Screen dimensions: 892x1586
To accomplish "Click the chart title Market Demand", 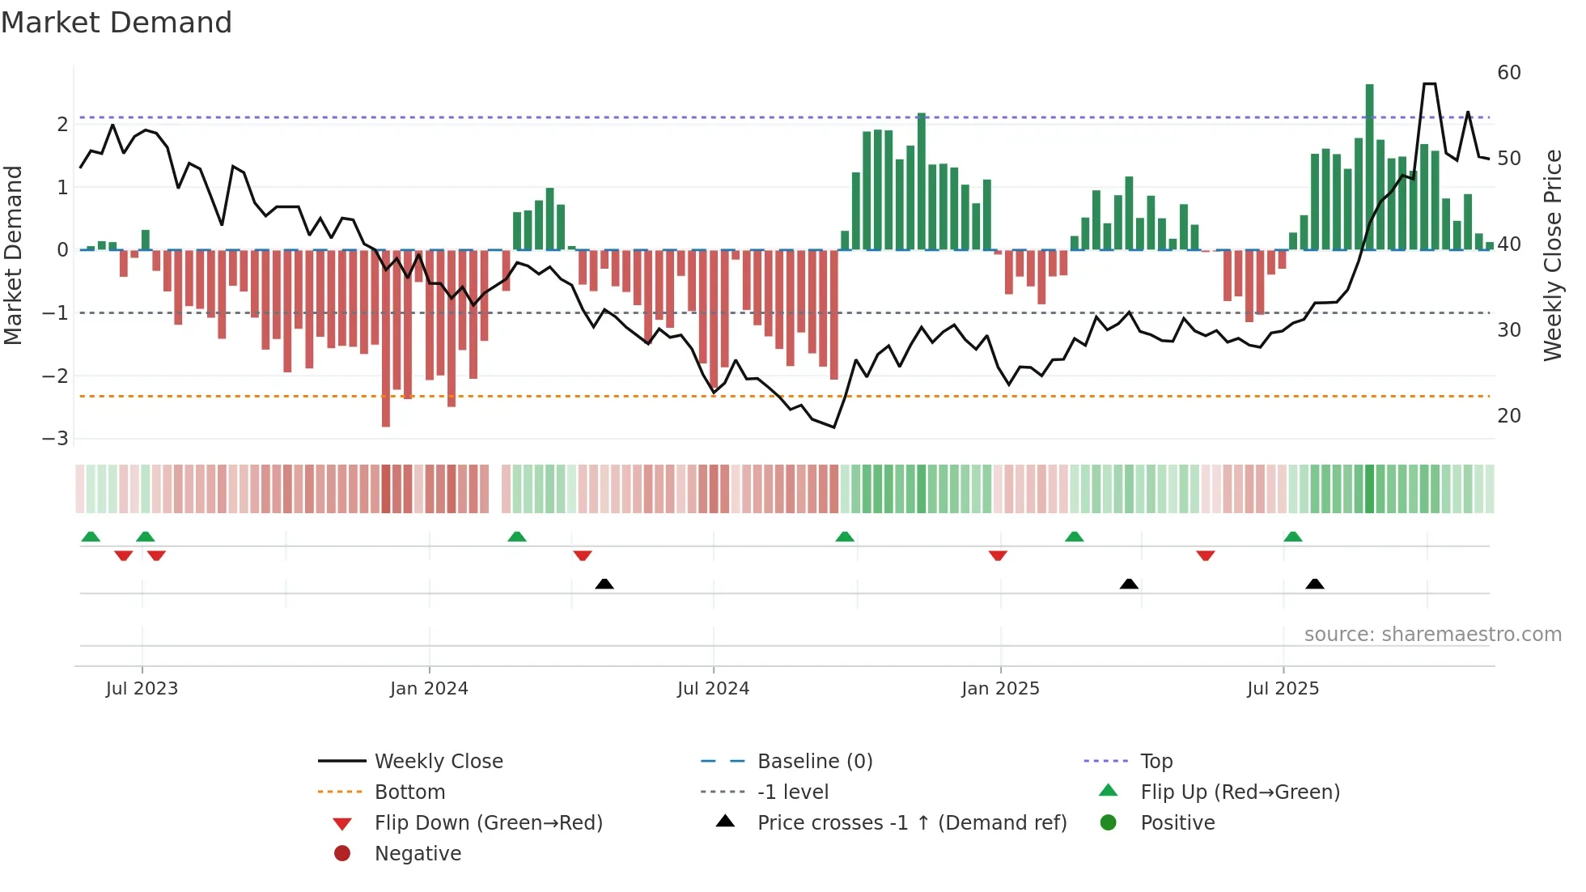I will tap(117, 23).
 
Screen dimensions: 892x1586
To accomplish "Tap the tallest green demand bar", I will tap(1369, 166).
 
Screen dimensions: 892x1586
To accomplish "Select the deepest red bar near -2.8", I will tap(386, 340).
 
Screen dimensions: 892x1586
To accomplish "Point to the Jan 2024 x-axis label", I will tap(429, 689).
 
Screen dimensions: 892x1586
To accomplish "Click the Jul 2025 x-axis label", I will tap(1283, 689).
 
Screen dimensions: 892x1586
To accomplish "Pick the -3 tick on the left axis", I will tap(56, 439).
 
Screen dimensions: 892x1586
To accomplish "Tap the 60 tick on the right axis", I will tap(1508, 73).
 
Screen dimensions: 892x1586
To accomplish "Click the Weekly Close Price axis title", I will tap(1552, 255).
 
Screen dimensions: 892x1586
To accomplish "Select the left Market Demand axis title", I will tap(14, 255).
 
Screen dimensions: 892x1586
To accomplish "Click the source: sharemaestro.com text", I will tap(1432, 635).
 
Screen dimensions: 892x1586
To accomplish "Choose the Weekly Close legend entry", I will tap(438, 762).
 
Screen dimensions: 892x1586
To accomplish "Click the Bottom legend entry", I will tap(409, 792).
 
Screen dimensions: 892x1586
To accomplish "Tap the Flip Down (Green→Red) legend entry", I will tap(488, 823).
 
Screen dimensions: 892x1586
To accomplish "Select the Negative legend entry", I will tap(418, 854).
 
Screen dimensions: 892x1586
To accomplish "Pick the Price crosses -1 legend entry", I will tap(911, 823).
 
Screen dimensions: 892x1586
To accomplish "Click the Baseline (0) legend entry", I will tap(814, 762).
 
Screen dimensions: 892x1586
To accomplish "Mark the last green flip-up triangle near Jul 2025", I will tap(1293, 537).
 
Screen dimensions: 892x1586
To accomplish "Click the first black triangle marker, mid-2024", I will tap(604, 584).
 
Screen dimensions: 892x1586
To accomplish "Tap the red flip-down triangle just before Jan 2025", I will tap(998, 555).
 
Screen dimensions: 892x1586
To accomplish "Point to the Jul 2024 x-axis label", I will tap(713, 689).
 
